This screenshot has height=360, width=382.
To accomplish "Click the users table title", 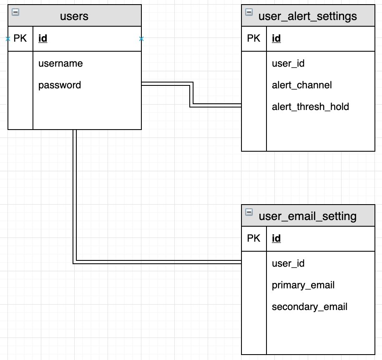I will pyautogui.click(x=74, y=16).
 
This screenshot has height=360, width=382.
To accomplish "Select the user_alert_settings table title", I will pyautogui.click(x=307, y=16).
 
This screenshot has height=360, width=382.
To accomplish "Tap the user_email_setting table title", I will pyautogui.click(x=307, y=216).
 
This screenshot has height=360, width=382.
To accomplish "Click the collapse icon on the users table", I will pyautogui.click(x=15, y=12).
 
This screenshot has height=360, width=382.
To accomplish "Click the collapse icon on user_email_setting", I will pyautogui.click(x=249, y=212).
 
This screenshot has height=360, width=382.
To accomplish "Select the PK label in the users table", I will pyautogui.click(x=20, y=39).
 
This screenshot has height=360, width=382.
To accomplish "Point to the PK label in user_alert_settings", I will pyautogui.click(x=254, y=39).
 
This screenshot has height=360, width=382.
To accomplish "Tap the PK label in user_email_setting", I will pyautogui.click(x=254, y=238).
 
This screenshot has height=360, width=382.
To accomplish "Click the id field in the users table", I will pyautogui.click(x=43, y=39).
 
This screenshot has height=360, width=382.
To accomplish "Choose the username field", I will pyautogui.click(x=60, y=63).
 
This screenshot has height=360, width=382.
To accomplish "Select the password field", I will pyautogui.click(x=60, y=85).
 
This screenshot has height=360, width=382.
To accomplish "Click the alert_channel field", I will pyautogui.click(x=302, y=85).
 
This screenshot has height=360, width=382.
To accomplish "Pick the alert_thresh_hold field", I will pyautogui.click(x=310, y=107).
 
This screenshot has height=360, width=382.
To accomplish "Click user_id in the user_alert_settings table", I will pyautogui.click(x=288, y=63).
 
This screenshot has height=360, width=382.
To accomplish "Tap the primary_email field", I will pyautogui.click(x=303, y=285).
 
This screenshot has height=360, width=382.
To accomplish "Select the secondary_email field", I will pyautogui.click(x=309, y=307).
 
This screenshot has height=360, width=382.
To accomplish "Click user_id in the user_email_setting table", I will pyautogui.click(x=288, y=263).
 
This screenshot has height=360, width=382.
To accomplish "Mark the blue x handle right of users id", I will pyautogui.click(x=141, y=39).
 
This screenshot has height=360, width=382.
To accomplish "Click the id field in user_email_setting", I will pyautogui.click(x=276, y=238).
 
